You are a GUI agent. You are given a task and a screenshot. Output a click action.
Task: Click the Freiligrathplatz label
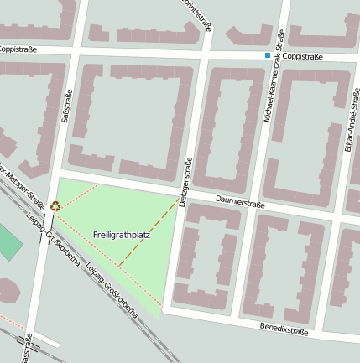click(x=122, y=235)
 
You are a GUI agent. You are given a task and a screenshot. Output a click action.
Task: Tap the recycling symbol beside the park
click(x=55, y=205)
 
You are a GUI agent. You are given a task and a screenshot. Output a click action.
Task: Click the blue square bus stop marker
click(x=268, y=55)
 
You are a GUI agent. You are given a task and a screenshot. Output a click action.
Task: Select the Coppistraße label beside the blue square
click(x=302, y=56)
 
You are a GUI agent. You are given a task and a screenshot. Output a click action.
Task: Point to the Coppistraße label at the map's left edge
click(x=18, y=49)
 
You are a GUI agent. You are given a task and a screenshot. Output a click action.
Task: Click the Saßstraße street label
click(x=67, y=106)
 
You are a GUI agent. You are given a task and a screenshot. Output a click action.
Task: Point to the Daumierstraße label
click(x=240, y=202)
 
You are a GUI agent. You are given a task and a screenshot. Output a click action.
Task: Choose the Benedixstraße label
click(x=284, y=329)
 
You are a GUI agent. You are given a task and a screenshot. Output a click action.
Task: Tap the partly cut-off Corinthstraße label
click(x=199, y=14)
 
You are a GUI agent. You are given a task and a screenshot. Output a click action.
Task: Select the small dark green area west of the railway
click(x=8, y=242)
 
